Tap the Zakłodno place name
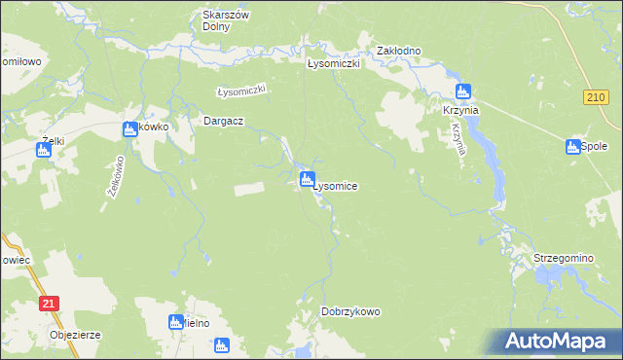click(398, 50)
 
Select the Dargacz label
click(222, 122)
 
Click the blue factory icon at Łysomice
click(308, 179)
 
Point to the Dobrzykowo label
click(350, 311)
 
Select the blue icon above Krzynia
click(463, 91)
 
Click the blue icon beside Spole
click(572, 147)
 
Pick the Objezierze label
click(76, 336)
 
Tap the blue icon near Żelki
click(44, 151)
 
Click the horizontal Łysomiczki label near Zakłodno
click(334, 63)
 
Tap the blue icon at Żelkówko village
click(129, 129)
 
